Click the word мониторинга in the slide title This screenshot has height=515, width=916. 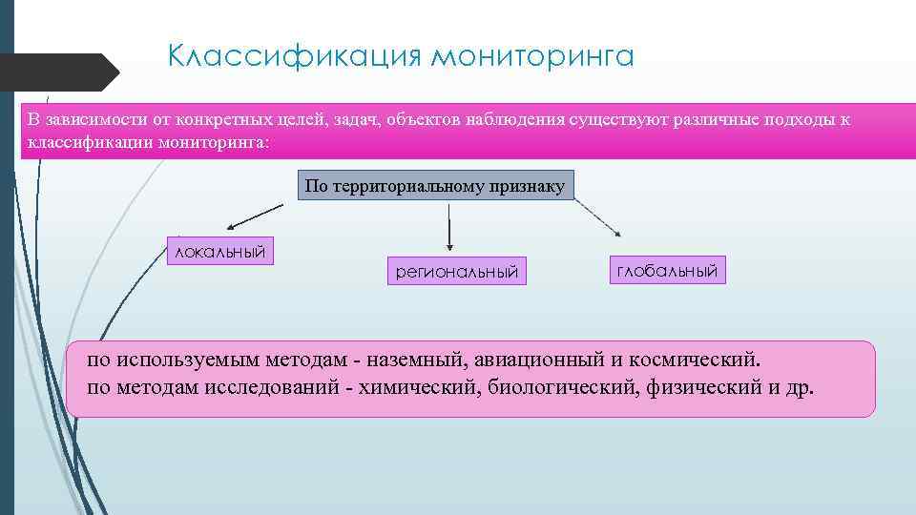click(x=532, y=56)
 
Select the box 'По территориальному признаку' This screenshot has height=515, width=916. click(x=436, y=186)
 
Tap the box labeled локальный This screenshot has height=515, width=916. click(x=219, y=251)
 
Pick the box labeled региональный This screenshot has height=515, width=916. click(x=457, y=272)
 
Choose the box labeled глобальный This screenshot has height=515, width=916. click(x=667, y=270)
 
